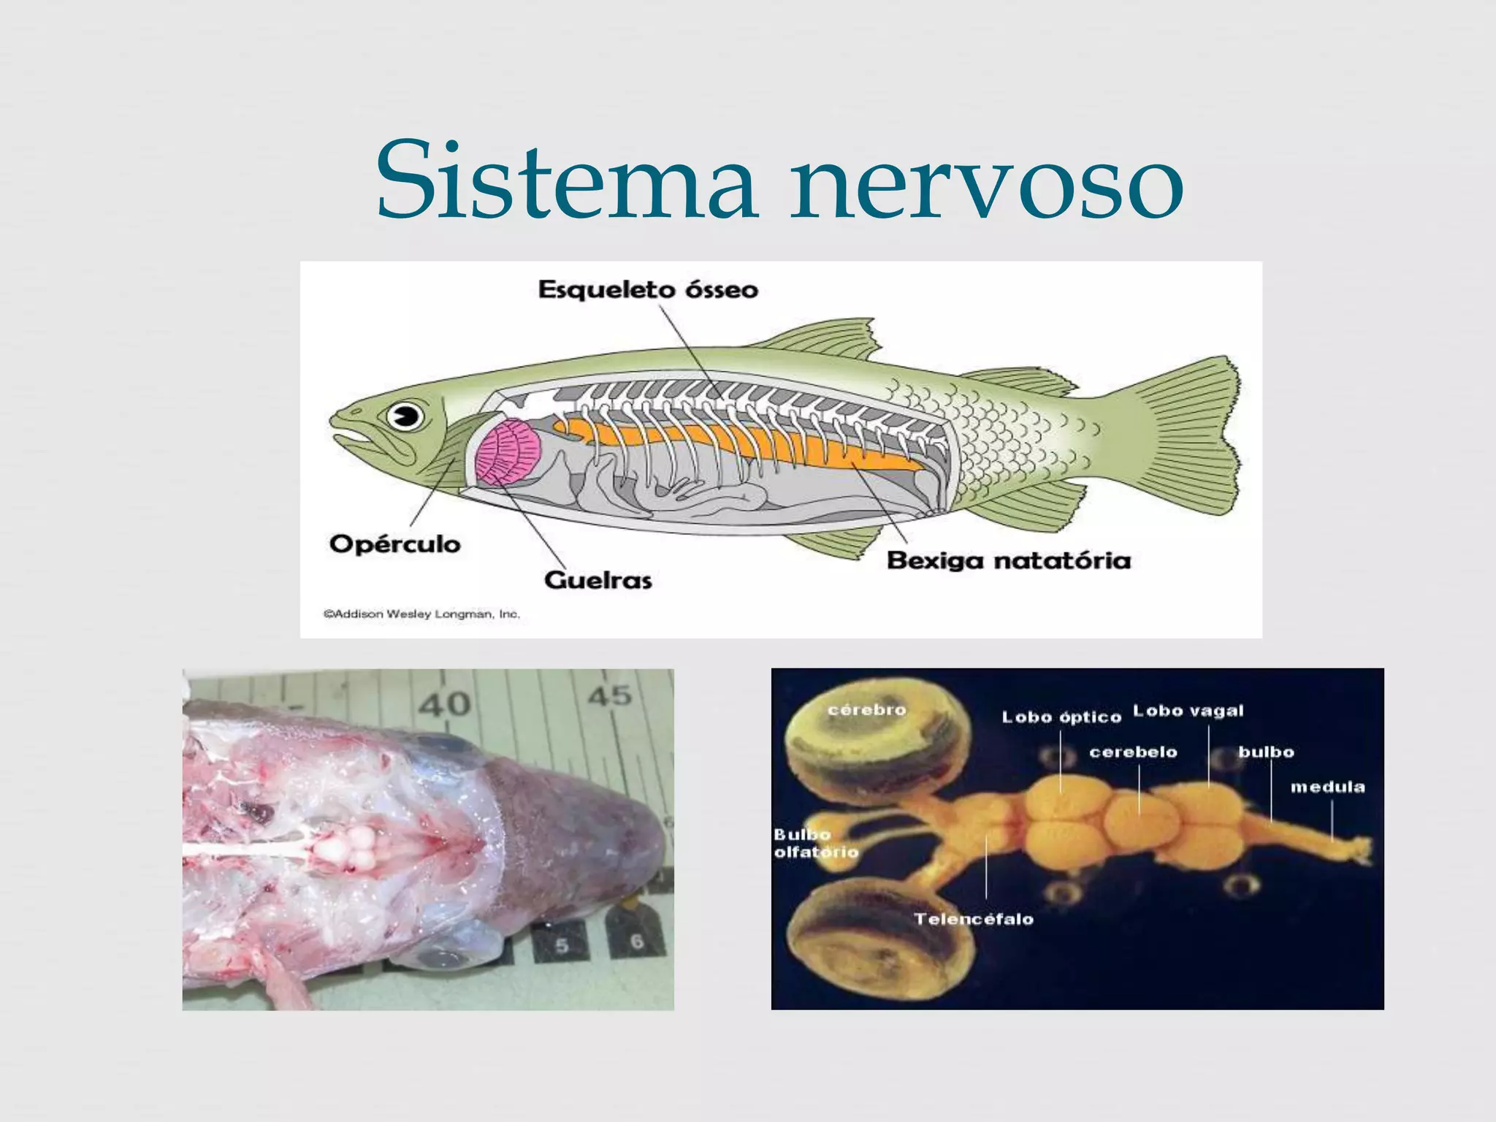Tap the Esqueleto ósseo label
pyautogui.click(x=648, y=290)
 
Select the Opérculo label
pyautogui.click(x=395, y=544)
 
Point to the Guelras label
pyautogui.click(x=598, y=581)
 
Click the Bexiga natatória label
pyautogui.click(x=1009, y=561)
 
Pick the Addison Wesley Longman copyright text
pyautogui.click(x=421, y=614)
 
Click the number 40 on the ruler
pyautogui.click(x=445, y=703)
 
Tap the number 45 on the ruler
pyautogui.click(x=610, y=695)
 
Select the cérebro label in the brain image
pyautogui.click(x=867, y=710)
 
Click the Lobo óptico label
pyautogui.click(x=1061, y=717)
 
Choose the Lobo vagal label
pyautogui.click(x=1188, y=711)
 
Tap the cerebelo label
pyautogui.click(x=1133, y=752)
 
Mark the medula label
pyautogui.click(x=1327, y=787)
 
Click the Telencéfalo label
pyautogui.click(x=974, y=919)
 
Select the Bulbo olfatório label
pyautogui.click(x=815, y=844)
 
